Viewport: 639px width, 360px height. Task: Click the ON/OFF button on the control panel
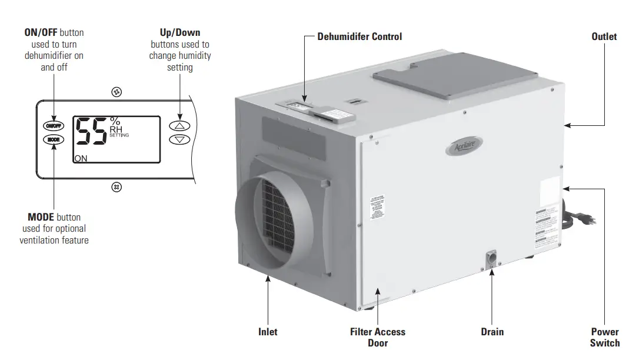(x=52, y=126)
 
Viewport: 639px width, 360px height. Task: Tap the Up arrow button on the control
(x=180, y=126)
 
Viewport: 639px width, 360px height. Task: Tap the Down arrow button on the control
(x=180, y=139)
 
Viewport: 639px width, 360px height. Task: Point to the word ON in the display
(x=81, y=158)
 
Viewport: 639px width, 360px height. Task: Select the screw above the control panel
(x=117, y=92)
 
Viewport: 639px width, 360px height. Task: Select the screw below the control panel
(x=117, y=187)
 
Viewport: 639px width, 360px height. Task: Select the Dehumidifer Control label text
(x=360, y=36)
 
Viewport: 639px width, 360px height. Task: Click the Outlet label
(x=604, y=36)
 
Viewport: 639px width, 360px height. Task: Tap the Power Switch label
(x=605, y=337)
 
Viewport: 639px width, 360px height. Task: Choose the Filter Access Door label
(x=378, y=337)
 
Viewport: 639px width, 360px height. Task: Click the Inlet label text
(x=268, y=332)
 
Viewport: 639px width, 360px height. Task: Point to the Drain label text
(x=492, y=332)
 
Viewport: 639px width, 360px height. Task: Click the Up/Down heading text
(x=180, y=32)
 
